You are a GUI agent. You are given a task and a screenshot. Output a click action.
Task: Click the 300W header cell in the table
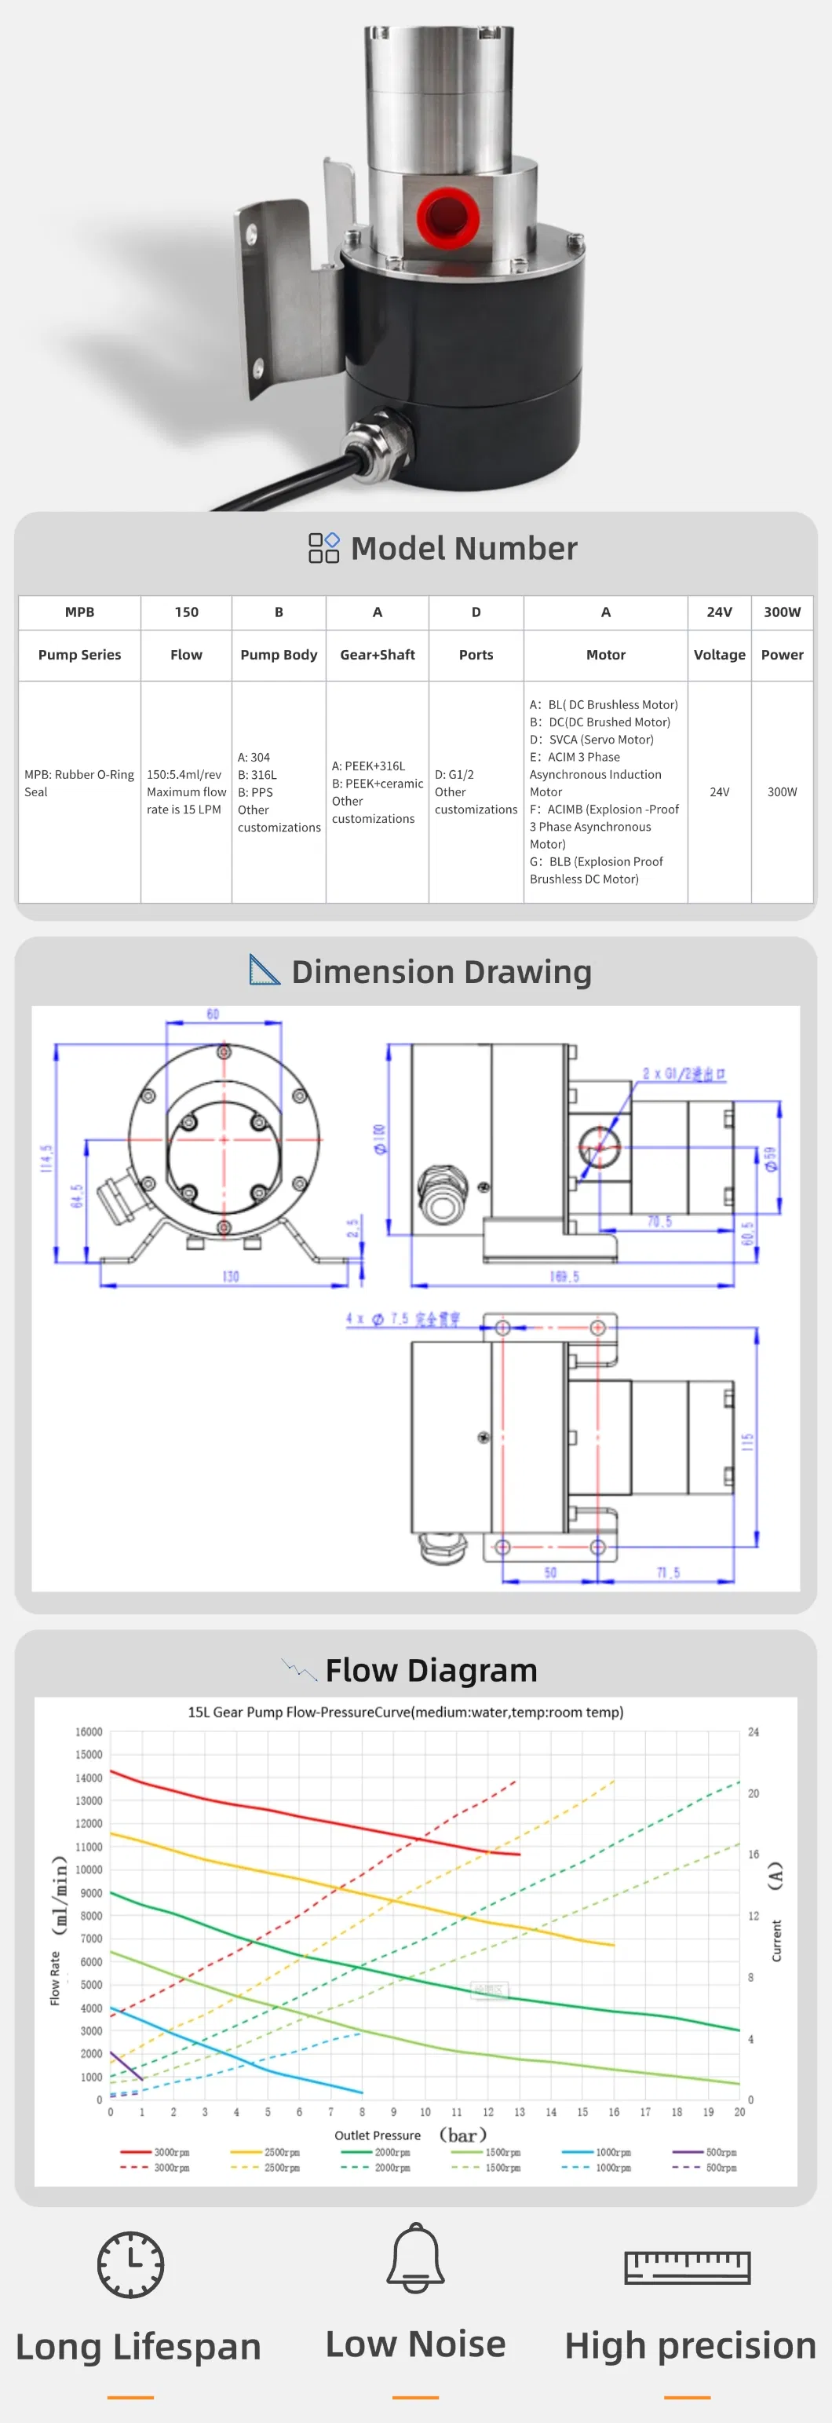point(783,612)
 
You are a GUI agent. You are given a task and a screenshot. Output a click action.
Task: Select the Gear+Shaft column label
point(377,655)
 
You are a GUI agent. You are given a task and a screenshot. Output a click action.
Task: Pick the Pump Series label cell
point(80,655)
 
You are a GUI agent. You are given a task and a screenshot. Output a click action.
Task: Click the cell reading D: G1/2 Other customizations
point(476,792)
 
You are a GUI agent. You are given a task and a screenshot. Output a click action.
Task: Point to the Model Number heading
point(463,548)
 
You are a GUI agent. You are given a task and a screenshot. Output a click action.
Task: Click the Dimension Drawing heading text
point(441,972)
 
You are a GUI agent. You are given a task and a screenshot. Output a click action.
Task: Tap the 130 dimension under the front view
point(230,1277)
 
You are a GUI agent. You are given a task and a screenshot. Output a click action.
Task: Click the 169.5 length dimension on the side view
point(564,1277)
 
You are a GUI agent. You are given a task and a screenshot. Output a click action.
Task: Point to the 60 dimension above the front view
point(213,1014)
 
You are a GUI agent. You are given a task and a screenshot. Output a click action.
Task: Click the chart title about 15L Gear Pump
point(405,1712)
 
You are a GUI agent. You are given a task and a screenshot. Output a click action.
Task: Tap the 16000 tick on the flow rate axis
point(89,1731)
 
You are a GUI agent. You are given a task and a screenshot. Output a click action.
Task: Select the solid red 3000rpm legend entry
point(156,2151)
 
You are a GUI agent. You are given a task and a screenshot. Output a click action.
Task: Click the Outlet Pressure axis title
point(378,2135)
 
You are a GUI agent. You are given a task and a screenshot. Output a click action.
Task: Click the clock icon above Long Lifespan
point(130,2264)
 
